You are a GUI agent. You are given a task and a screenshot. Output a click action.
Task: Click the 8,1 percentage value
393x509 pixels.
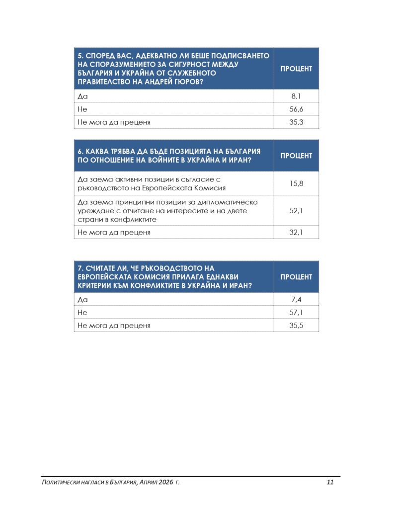296,96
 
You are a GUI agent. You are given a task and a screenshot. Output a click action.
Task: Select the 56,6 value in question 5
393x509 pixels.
296,109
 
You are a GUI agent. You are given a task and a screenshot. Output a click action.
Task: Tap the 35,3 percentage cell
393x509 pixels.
296,122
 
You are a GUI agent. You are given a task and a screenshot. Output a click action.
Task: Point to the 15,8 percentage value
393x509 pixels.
296,183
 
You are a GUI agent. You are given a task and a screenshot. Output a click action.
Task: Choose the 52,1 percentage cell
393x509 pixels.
296,210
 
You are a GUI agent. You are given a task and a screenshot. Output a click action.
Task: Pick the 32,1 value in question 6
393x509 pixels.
296,232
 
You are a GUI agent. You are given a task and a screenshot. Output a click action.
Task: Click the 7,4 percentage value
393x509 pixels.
296,299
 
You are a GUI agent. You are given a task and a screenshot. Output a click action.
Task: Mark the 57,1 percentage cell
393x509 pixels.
296,312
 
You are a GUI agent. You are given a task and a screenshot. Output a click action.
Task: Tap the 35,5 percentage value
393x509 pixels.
296,326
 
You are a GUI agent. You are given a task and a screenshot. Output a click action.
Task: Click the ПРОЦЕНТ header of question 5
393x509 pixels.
296,69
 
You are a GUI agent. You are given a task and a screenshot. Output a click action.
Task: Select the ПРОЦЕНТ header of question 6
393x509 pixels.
296,156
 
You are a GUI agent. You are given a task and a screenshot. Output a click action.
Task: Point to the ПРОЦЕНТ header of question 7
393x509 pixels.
296,277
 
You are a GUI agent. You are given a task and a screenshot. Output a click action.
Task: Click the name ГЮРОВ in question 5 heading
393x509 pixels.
188,82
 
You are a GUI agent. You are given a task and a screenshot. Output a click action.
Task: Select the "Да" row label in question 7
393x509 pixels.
82,299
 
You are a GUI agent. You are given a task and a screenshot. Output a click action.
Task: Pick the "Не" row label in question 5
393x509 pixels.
82,109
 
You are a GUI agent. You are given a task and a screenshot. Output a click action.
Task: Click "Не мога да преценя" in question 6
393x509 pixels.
114,232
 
